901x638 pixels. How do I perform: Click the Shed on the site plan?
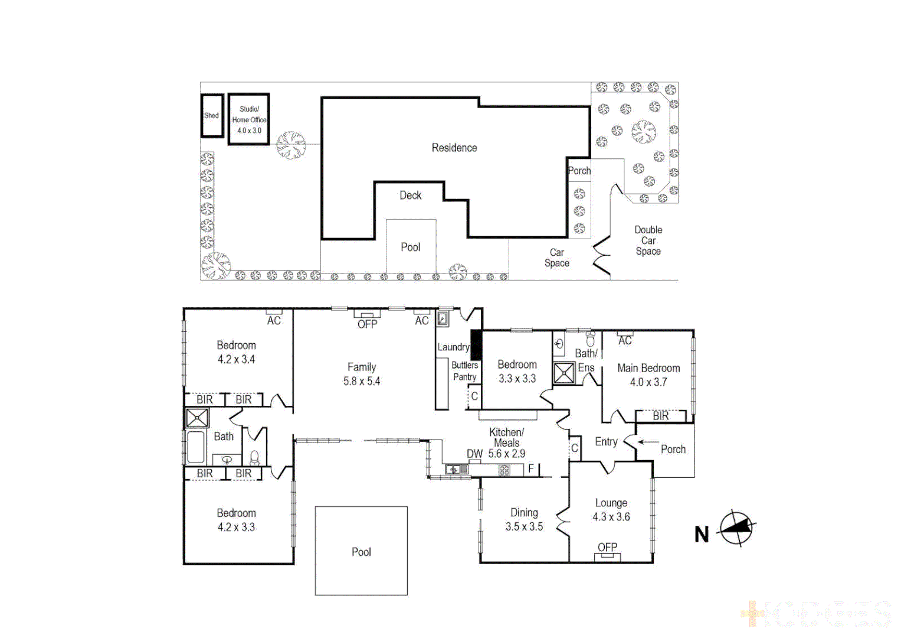212,116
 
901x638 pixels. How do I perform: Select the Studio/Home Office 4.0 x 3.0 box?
249,120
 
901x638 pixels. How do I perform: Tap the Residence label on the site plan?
454,148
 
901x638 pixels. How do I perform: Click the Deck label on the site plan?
410,196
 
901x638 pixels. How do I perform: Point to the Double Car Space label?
648,240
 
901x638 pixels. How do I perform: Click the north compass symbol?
737,528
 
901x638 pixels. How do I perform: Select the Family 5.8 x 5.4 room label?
361,375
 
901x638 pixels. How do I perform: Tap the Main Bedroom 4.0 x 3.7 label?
648,375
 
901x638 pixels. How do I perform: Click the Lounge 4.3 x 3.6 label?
611,510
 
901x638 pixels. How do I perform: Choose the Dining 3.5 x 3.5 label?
524,520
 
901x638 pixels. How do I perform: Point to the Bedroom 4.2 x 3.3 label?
236,520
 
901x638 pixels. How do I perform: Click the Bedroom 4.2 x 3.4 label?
236,352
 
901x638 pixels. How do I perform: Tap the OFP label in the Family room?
367,324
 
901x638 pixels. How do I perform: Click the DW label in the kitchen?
474,454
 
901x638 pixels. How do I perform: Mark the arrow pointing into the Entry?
648,442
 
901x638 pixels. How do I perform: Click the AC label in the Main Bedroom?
625,341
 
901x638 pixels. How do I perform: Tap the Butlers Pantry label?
465,371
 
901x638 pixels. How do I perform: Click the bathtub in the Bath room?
196,447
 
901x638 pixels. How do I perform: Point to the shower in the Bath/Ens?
564,373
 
